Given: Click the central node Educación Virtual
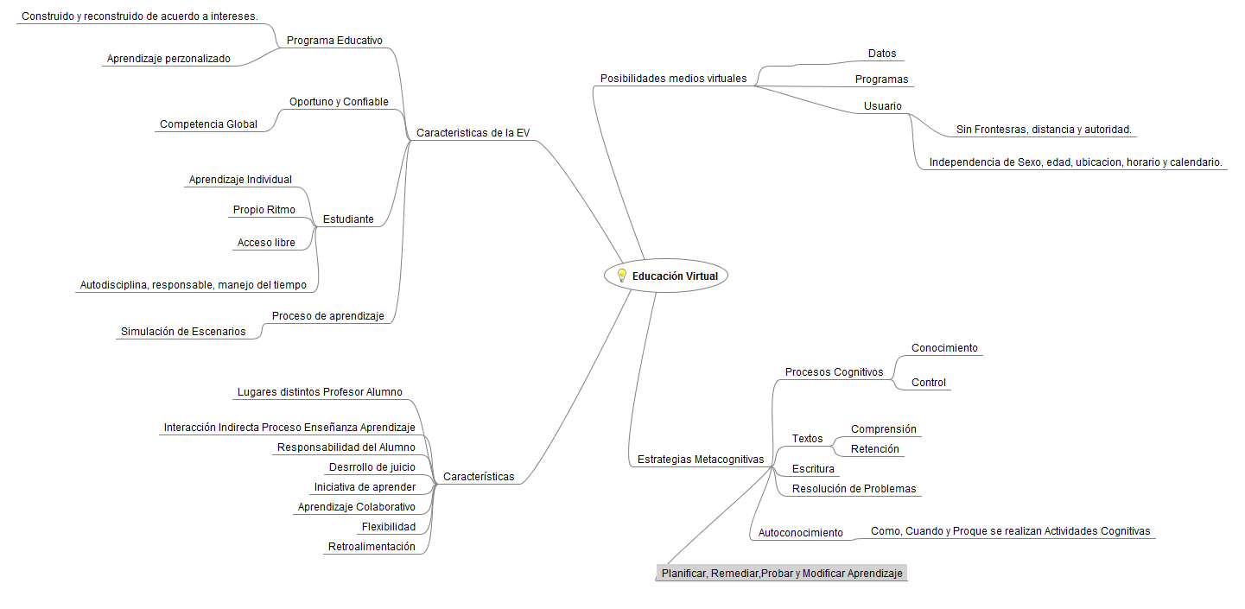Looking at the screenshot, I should pos(674,276).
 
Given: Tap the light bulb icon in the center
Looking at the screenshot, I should pos(620,276).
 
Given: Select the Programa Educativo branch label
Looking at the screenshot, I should pos(334,41).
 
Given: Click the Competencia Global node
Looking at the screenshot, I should pos(208,124).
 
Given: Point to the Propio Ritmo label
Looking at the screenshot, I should pos(264,210).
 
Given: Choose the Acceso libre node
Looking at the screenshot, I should pos(266,243).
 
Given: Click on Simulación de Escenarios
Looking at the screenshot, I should pos(183,332).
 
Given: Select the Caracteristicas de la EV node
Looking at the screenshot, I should pos(473,133).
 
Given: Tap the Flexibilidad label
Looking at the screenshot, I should pos(388,527).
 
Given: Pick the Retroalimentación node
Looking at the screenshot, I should pos(372,547).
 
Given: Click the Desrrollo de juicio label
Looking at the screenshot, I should pos(372,467).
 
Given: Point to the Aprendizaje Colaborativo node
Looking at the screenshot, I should pos(356,507).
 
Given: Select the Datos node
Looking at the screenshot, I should pos(882,54).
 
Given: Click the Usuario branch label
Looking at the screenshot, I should pos(882,106).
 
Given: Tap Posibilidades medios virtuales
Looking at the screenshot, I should pos(673,79).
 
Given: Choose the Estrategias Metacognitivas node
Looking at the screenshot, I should pos(700,460).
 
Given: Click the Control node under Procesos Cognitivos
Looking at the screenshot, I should pos(929,383).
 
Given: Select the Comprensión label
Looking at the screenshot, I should pos(883,429).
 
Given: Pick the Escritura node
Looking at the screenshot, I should pos(813,469).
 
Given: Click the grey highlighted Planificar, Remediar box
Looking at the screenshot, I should pos(782,574).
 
